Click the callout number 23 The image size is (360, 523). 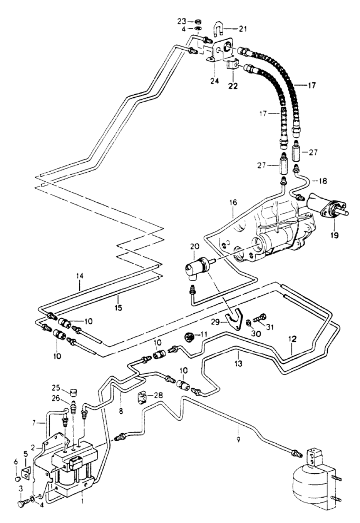tap(181, 21)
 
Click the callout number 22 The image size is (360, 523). tap(233, 86)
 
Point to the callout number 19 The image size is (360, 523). tap(334, 235)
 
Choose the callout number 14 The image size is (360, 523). tap(80, 276)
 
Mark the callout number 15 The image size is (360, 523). tap(119, 308)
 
